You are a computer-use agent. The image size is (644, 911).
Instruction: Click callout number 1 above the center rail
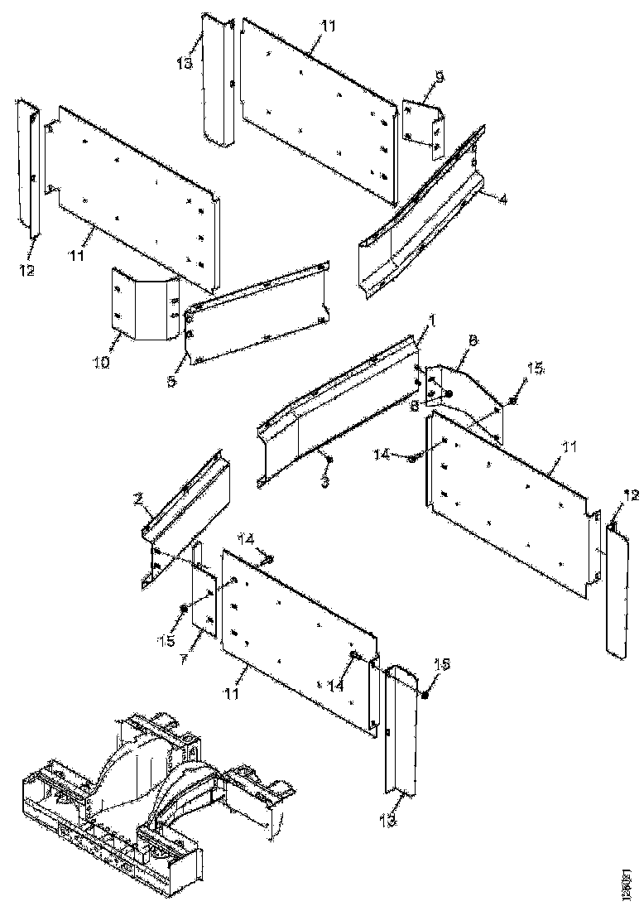point(431,319)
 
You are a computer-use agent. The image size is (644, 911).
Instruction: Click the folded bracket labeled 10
point(146,303)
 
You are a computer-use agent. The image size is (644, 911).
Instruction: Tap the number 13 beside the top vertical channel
point(185,64)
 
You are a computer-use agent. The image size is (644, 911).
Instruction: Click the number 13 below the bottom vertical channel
point(389,820)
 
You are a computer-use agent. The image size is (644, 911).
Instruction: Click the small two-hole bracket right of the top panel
point(424,128)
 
